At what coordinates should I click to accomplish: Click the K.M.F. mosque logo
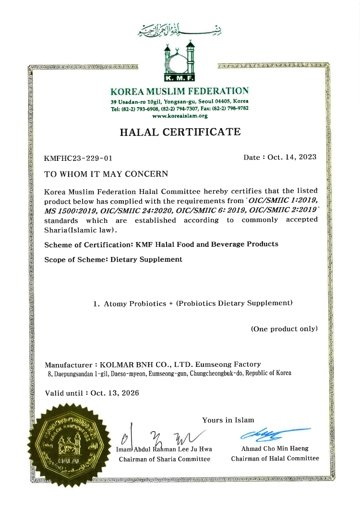click(x=180, y=63)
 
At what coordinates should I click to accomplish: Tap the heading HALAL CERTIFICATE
click(x=180, y=132)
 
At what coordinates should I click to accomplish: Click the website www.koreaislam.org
click(x=180, y=116)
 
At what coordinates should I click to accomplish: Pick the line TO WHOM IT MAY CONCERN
click(x=106, y=174)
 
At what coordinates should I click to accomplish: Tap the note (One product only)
click(x=284, y=329)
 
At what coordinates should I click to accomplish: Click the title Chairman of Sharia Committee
click(x=165, y=459)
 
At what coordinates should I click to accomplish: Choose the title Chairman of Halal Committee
click(x=275, y=459)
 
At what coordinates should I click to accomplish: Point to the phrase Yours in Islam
click(x=228, y=420)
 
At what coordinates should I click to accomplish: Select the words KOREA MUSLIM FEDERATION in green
click(x=180, y=91)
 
